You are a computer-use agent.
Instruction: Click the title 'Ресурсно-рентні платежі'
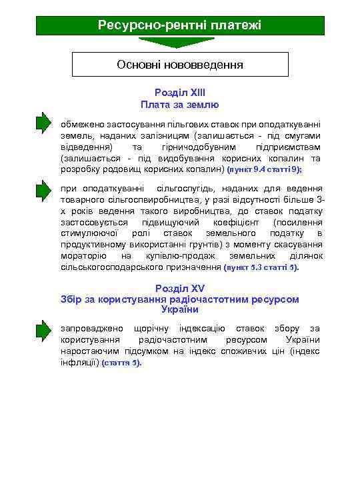coord(179,25)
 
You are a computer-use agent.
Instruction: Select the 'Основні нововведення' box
coord(180,65)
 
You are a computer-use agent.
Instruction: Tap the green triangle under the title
coord(179,43)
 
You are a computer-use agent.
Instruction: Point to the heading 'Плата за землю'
coord(180,105)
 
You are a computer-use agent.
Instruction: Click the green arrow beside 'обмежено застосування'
coord(43,124)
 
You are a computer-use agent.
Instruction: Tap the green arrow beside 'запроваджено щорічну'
coord(43,329)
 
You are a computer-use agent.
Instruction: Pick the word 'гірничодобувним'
coord(199,147)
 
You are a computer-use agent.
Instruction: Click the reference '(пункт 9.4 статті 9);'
coord(265,170)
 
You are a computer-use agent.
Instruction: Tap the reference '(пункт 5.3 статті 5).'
coord(262,267)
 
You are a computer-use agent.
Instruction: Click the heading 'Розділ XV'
coord(180,289)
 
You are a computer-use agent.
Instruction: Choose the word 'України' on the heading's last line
coord(180,309)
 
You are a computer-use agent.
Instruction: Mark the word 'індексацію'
coord(202,329)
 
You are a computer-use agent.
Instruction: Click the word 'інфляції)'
coord(80,363)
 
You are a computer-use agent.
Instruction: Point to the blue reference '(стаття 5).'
coord(121,363)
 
